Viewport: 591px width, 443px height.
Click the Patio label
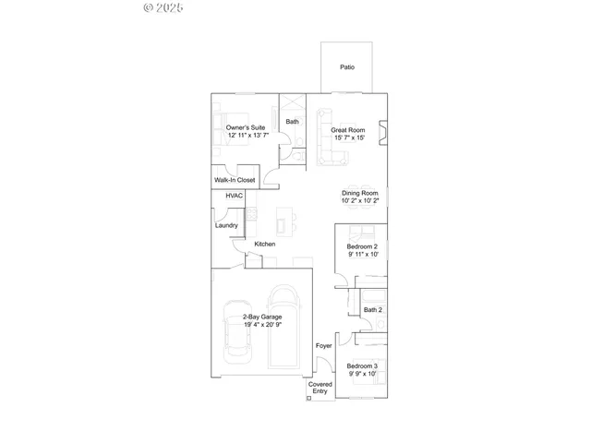(x=347, y=67)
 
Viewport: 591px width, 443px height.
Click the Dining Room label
(x=360, y=192)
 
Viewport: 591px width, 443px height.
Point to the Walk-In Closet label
(x=235, y=180)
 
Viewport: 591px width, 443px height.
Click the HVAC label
(x=234, y=197)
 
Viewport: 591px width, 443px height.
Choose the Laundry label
(x=226, y=225)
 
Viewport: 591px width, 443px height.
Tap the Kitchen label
(x=265, y=244)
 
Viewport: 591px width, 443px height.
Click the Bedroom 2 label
(x=362, y=246)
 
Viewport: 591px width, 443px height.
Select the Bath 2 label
(x=372, y=310)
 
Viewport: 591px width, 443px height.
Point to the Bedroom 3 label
(x=362, y=365)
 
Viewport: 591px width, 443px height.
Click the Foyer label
(x=323, y=346)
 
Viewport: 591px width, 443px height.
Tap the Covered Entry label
(x=320, y=388)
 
